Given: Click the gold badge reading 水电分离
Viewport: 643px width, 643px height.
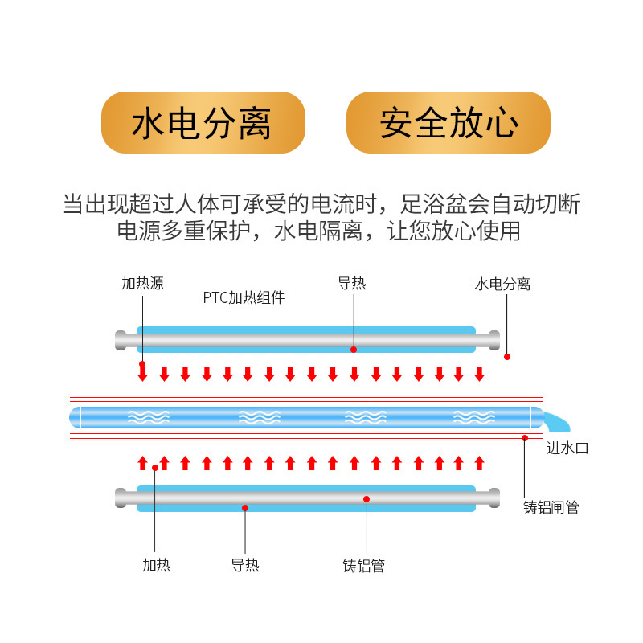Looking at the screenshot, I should pyautogui.click(x=203, y=122).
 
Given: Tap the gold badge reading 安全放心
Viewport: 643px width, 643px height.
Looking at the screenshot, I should pyautogui.click(x=448, y=122).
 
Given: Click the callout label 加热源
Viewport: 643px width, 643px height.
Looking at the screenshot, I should pyautogui.click(x=142, y=283).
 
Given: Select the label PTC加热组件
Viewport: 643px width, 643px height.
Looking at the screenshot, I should pyautogui.click(x=244, y=298).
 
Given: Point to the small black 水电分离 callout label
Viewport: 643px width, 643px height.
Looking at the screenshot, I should pyautogui.click(x=502, y=284).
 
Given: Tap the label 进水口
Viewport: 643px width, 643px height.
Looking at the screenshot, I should pyautogui.click(x=567, y=448).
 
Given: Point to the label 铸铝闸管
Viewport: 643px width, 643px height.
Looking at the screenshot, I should pyautogui.click(x=551, y=507).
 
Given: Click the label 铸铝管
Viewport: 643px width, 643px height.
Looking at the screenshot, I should pyautogui.click(x=363, y=566).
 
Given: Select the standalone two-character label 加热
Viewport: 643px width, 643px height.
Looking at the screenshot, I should pyautogui.click(x=157, y=565).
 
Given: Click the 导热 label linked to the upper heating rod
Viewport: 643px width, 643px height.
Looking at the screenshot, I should pyautogui.click(x=351, y=283).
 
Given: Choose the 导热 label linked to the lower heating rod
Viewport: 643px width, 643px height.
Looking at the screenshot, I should pyautogui.click(x=245, y=565).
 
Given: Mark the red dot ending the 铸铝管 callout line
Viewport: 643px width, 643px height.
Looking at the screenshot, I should pyautogui.click(x=367, y=499).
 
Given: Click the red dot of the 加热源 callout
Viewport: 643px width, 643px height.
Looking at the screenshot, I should pyautogui.click(x=142, y=364).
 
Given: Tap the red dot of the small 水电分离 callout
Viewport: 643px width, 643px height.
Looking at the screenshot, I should pyautogui.click(x=506, y=356).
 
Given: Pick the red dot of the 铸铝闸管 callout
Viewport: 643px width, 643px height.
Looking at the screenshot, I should pyautogui.click(x=525, y=438).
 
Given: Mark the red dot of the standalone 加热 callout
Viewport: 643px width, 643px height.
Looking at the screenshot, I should pyautogui.click(x=155, y=468).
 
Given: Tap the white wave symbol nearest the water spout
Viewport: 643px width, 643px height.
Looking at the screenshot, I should pyautogui.click(x=473, y=416).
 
